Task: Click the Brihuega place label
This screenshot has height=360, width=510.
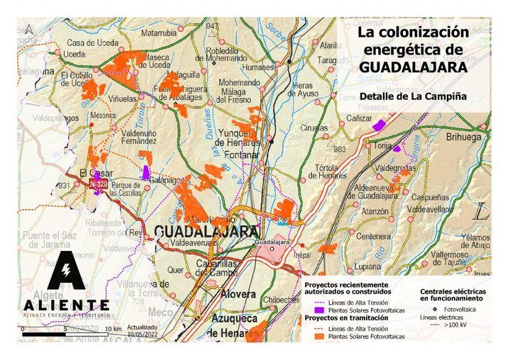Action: tap(463, 137)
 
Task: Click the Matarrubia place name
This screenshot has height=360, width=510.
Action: tap(159, 33)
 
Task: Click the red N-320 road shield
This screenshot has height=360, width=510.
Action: tap(99, 184)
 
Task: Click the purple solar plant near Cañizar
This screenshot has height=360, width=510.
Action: tap(379, 125)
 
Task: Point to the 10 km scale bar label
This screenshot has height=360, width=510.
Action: tap(112, 330)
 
